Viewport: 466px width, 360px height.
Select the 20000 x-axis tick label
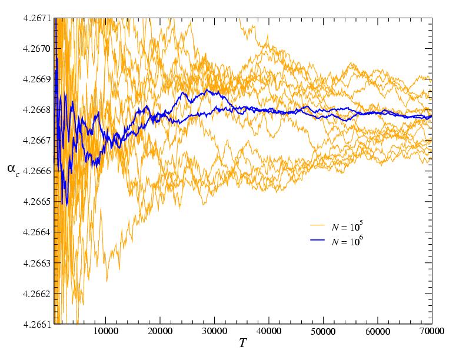click(160, 332)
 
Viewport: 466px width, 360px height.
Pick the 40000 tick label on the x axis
click(269, 332)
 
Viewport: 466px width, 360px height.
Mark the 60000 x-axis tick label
click(378, 332)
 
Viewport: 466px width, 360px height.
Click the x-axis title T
click(242, 343)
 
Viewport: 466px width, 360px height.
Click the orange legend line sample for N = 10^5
click(318, 225)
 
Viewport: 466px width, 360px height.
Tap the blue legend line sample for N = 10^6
click(318, 241)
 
